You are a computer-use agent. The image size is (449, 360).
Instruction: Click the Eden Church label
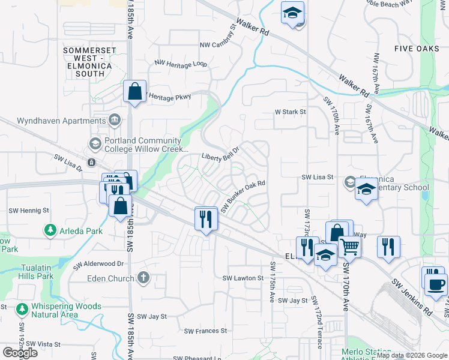(111, 278)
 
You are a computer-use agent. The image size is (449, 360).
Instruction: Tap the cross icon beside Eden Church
(142, 278)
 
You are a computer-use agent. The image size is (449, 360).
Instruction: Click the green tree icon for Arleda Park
(50, 230)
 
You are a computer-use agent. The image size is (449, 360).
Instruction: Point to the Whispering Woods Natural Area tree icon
(22, 309)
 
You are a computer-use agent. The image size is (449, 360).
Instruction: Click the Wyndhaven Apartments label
(53, 121)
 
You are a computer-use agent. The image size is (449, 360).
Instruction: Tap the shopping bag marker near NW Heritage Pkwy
(134, 92)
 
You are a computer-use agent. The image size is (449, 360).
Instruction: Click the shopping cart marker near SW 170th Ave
(349, 245)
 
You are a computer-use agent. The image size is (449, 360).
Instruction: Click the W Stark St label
(291, 112)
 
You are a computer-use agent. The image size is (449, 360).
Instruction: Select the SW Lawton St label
(243, 278)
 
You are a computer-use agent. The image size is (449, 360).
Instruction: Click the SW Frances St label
(205, 331)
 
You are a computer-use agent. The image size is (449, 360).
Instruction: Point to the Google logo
(20, 353)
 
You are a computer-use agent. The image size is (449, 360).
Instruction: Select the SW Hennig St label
(29, 211)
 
